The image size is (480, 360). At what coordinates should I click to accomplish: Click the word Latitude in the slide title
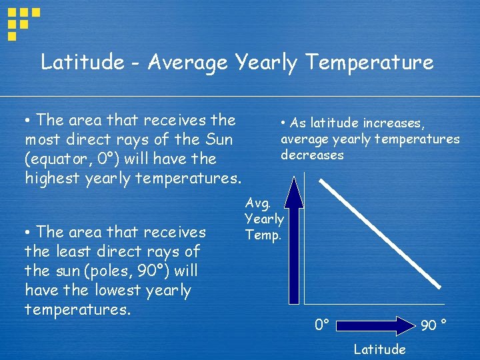[83, 63]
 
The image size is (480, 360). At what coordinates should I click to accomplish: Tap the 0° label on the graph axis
[323, 325]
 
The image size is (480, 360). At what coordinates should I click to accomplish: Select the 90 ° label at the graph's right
[434, 325]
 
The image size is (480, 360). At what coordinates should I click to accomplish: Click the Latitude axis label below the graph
[379, 349]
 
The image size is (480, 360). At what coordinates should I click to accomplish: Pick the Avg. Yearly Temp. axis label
[264, 219]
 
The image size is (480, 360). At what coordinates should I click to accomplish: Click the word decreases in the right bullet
[312, 155]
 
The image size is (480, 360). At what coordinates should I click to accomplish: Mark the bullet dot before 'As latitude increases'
[283, 123]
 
